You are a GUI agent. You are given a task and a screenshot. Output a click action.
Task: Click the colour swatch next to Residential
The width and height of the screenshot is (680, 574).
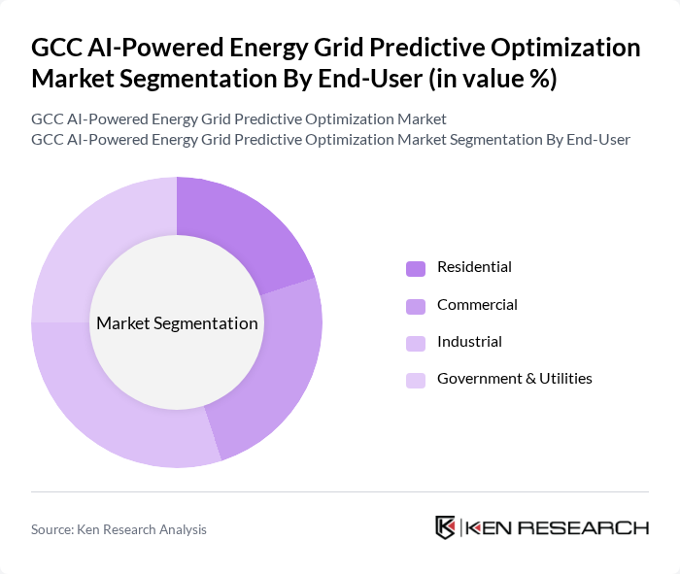coord(416,268)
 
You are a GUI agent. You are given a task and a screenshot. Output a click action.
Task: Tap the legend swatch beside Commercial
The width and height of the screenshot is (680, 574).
coord(416,306)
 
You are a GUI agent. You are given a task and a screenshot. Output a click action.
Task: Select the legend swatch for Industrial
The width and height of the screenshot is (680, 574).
coord(416,343)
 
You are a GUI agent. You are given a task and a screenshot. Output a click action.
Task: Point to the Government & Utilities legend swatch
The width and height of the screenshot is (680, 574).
coord(416,380)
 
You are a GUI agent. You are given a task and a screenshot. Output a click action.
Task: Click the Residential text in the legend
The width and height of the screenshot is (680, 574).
coord(474,267)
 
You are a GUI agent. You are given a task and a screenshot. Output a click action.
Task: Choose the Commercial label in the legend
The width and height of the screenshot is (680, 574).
coord(477,305)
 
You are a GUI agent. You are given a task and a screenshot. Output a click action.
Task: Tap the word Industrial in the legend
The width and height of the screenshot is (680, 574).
coord(469,342)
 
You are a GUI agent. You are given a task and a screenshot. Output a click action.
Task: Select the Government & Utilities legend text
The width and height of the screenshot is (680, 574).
coord(514,379)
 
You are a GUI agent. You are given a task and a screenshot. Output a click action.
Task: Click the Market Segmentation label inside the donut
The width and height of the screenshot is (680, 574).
coord(177,323)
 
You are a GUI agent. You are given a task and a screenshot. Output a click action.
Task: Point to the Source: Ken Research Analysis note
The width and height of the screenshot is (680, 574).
coord(119,529)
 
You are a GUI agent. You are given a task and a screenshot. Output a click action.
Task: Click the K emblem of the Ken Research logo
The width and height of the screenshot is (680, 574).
coord(446,527)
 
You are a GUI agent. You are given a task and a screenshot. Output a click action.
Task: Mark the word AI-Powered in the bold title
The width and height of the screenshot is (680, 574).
coord(143,48)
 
